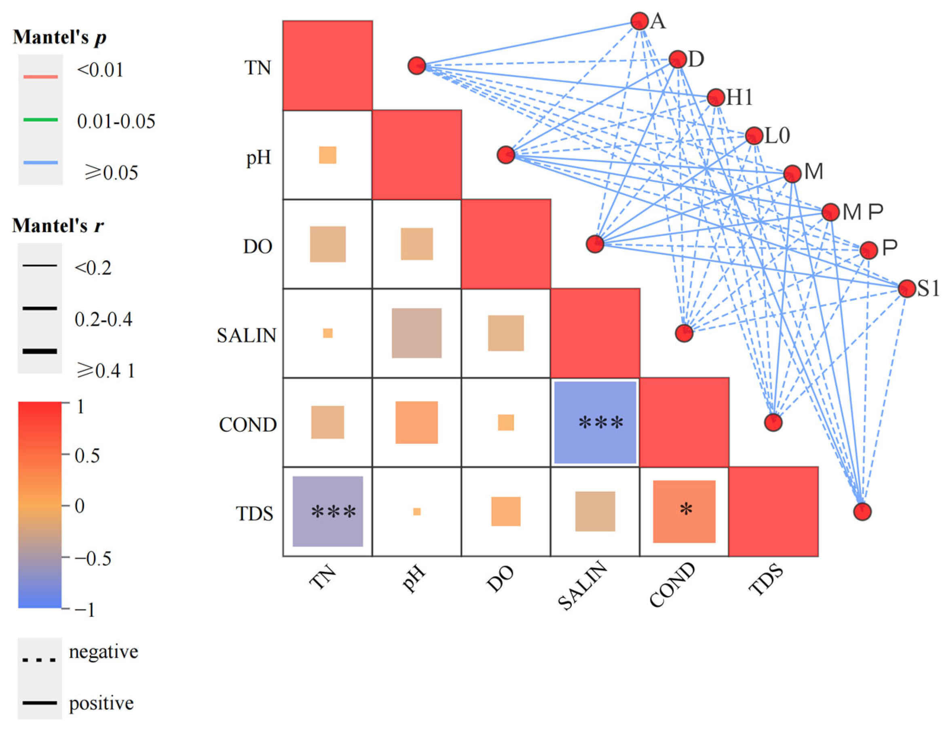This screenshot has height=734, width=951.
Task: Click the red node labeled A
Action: click(x=639, y=21)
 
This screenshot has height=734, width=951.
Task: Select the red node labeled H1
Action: click(x=715, y=97)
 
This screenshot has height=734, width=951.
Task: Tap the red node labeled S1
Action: click(x=907, y=289)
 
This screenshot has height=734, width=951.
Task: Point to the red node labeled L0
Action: click(x=754, y=136)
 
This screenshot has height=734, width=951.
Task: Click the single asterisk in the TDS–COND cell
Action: click(x=686, y=508)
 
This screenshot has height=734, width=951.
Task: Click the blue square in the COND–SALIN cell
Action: click(x=595, y=422)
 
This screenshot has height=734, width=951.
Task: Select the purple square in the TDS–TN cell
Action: click(x=328, y=511)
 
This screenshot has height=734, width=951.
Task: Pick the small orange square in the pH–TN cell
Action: click(x=328, y=155)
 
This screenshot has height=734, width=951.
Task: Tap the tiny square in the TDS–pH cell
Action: click(x=417, y=512)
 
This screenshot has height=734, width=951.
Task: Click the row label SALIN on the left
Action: click(x=247, y=335)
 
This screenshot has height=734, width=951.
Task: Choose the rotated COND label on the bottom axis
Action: click(x=672, y=585)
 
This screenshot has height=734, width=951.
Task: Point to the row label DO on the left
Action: click(x=257, y=247)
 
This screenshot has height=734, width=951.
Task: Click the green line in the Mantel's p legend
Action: click(x=40, y=119)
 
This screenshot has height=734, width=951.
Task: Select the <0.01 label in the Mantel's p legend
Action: click(x=100, y=70)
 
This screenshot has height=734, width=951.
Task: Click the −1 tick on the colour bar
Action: click(x=84, y=610)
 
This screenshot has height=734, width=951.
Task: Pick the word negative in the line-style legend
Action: click(x=103, y=652)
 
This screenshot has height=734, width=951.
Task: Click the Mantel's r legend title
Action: click(x=58, y=226)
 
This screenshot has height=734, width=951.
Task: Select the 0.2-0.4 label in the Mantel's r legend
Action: click(x=103, y=320)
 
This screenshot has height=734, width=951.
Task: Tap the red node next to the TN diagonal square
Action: click(x=417, y=66)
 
